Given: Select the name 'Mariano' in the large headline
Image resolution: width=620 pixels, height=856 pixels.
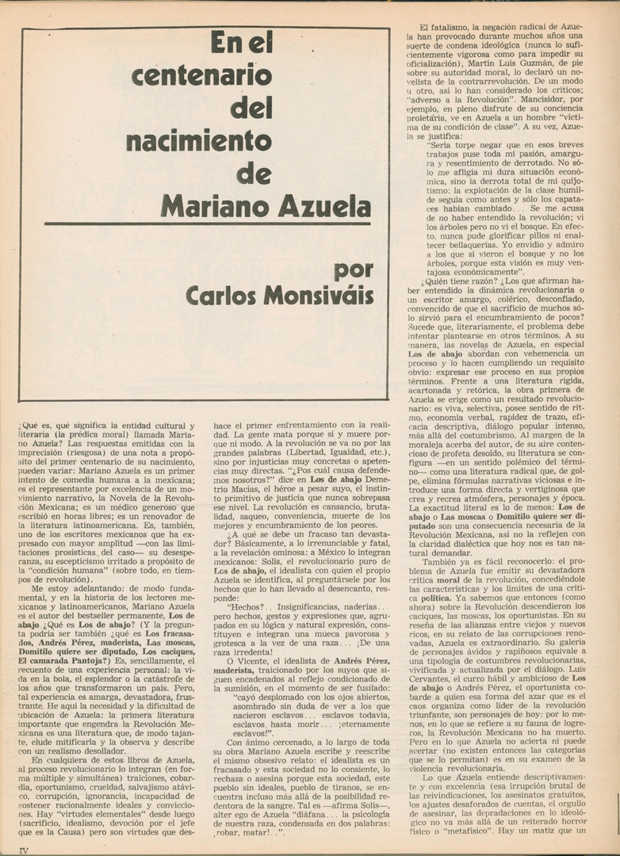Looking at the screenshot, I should point(210,205).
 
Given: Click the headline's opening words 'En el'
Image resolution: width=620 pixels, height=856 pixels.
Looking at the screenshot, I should point(241,43).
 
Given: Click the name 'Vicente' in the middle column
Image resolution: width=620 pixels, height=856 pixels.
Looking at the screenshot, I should point(251,659).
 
